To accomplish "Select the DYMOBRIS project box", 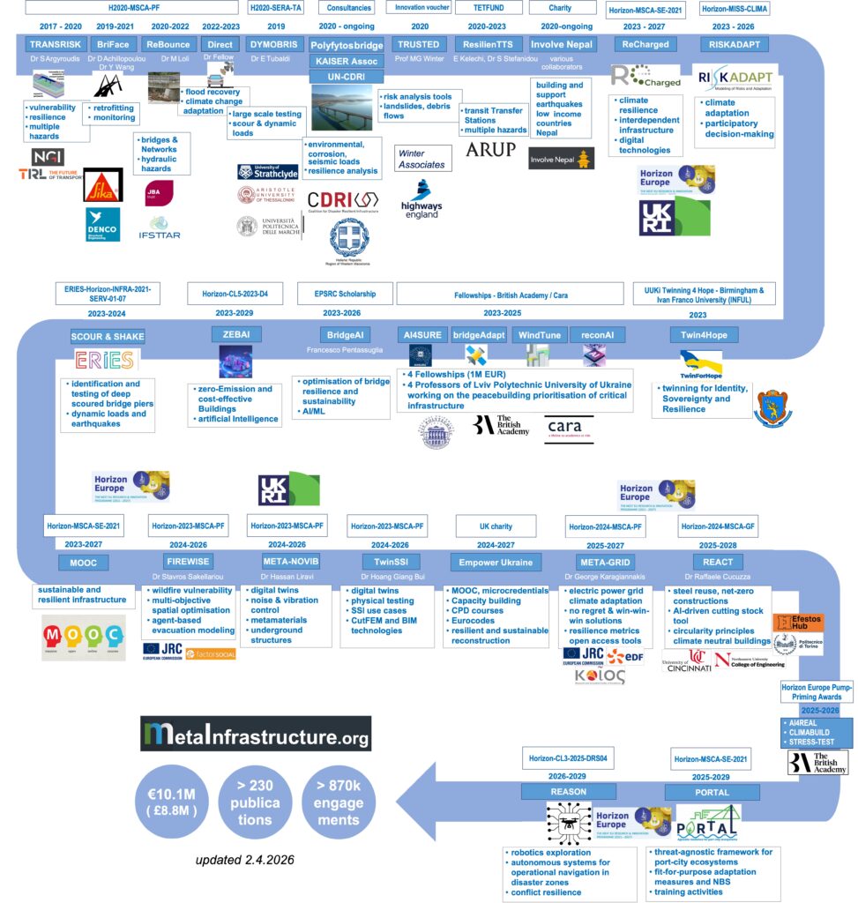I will (x=271, y=44).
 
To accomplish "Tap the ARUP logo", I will (x=490, y=149).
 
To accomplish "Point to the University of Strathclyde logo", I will (x=269, y=171).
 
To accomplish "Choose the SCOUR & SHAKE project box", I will (x=108, y=337).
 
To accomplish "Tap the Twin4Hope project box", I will (x=704, y=335).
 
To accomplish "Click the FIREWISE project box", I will (x=188, y=562).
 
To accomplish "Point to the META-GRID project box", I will (x=604, y=562).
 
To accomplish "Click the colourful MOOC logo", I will (x=80, y=633).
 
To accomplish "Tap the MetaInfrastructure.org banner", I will (x=256, y=733).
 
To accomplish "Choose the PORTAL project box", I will (x=712, y=791).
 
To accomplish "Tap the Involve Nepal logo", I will (x=561, y=158).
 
